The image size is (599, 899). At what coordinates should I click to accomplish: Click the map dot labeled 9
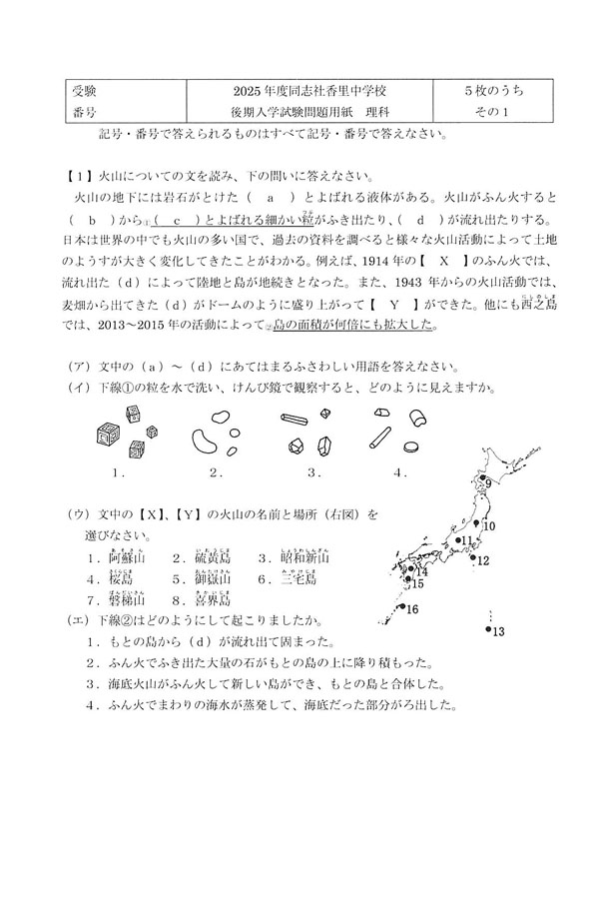click(482, 480)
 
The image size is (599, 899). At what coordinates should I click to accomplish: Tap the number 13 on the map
click(499, 631)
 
